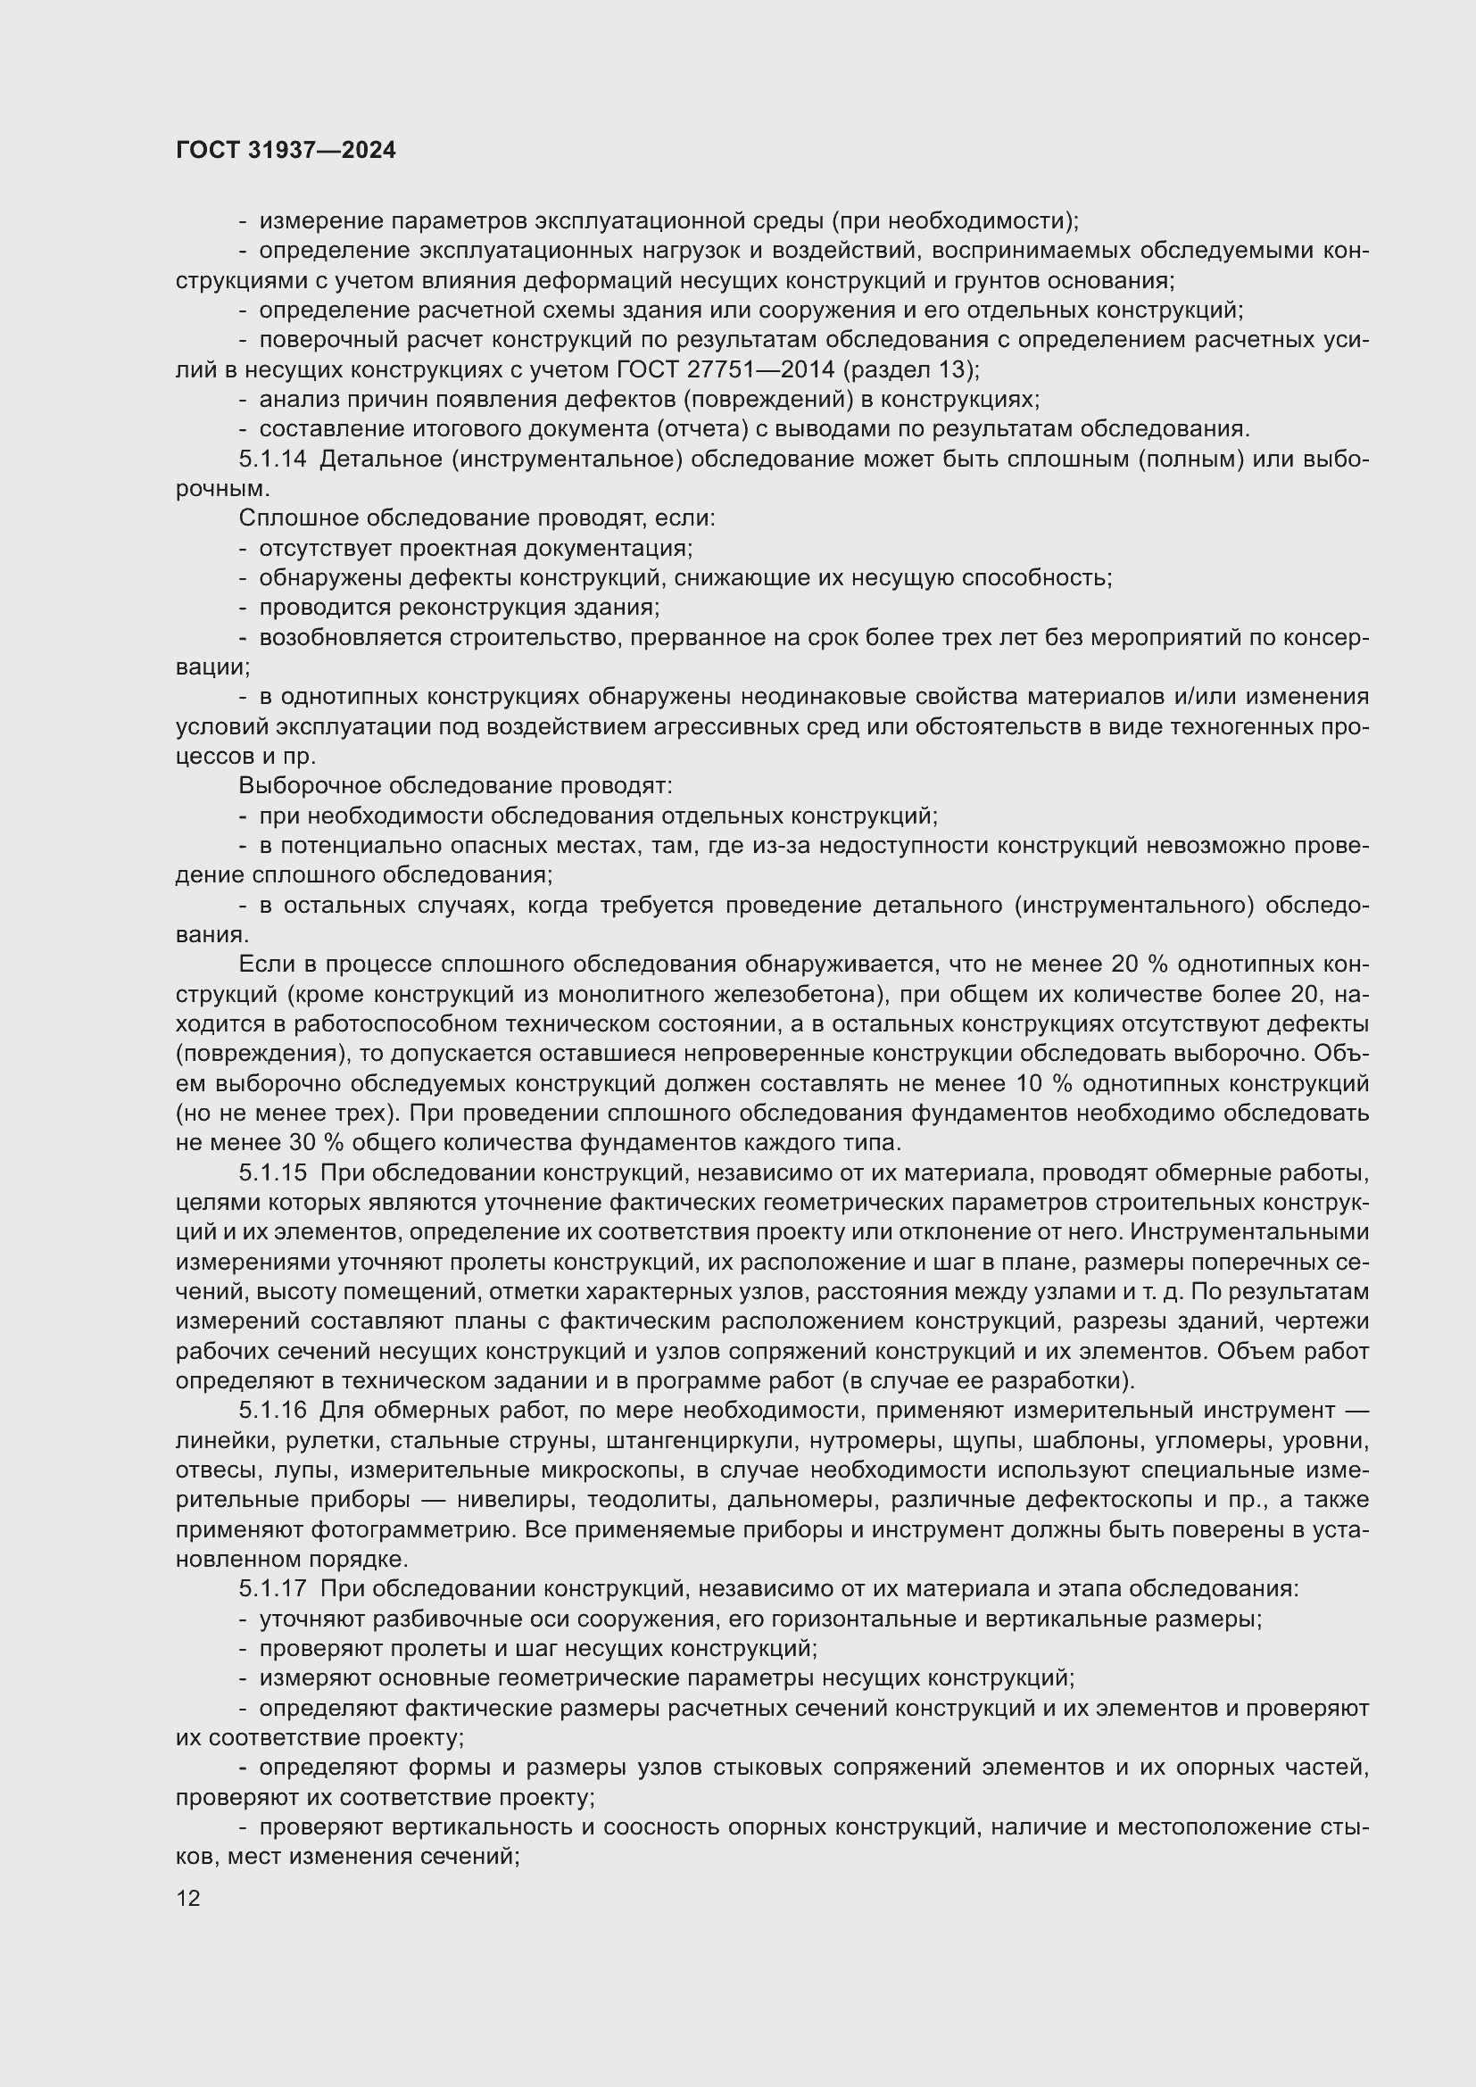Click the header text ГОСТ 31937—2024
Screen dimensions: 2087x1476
coord(286,150)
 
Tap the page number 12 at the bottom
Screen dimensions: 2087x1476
coord(188,1898)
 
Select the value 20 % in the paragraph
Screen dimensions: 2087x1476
coord(1139,965)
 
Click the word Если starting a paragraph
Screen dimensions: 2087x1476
coord(261,965)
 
